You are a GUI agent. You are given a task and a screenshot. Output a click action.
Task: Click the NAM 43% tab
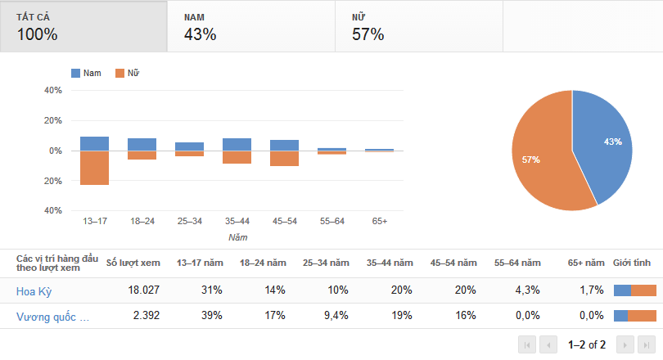coord(250,26)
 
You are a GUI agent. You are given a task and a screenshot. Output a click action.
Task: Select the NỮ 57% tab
coord(418,26)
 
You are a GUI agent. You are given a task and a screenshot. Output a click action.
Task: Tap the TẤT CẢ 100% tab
coord(83,26)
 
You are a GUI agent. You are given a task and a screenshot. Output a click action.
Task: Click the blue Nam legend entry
coord(87,74)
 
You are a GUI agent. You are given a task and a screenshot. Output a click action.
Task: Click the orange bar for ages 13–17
coord(95,168)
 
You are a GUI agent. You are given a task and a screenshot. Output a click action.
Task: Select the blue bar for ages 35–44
coord(237,145)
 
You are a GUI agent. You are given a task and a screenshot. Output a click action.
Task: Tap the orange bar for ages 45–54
coord(284,159)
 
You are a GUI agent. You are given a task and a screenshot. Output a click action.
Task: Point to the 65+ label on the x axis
coord(380,221)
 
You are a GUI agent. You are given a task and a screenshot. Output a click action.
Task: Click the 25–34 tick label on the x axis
coord(189,221)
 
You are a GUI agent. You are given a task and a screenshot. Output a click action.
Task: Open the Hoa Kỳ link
coord(34,290)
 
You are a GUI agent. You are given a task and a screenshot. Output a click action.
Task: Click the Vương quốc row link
coord(52,317)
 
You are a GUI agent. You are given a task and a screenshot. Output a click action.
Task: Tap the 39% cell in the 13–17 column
coord(212,317)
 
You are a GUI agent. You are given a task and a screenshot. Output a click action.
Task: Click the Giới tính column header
coord(632,263)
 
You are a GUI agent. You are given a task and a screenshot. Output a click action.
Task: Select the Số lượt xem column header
coord(133,263)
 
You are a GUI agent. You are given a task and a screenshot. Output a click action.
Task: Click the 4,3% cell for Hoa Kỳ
coord(528,290)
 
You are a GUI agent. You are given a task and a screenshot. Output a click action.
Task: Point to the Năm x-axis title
coord(237,237)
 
